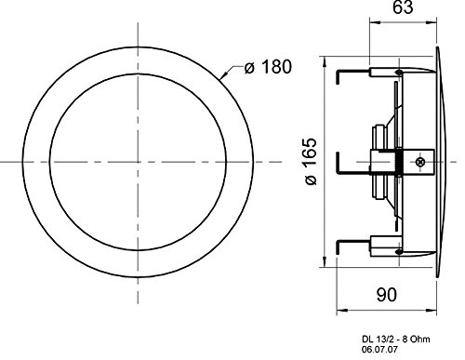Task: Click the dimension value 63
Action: click(403, 7)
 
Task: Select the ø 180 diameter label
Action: click(268, 67)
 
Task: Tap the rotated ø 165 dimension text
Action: click(311, 162)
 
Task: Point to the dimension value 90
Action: click(387, 295)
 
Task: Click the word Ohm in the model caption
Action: click(421, 340)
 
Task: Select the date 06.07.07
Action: click(379, 350)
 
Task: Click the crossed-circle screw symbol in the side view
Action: click(420, 162)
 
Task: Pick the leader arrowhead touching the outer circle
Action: click(224, 75)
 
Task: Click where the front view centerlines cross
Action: click(138, 162)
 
